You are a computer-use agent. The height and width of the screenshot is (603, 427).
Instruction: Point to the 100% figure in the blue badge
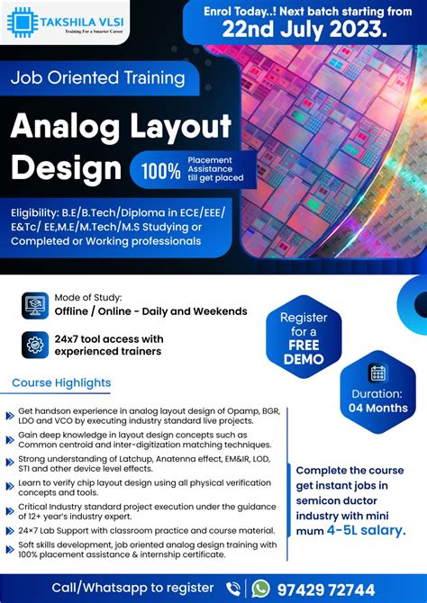click(x=161, y=169)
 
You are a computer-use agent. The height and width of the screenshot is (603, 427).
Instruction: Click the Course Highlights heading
click(x=61, y=383)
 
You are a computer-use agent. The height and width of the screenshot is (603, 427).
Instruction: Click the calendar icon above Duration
click(x=378, y=373)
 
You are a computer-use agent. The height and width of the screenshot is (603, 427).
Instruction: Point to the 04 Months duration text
click(x=378, y=408)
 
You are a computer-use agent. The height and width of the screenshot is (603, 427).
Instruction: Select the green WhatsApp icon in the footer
click(x=260, y=588)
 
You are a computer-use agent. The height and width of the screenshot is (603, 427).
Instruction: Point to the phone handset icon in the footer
click(x=233, y=588)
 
